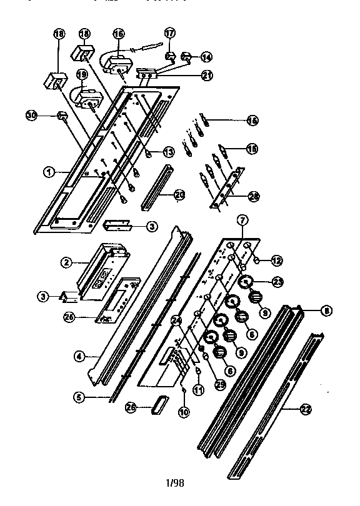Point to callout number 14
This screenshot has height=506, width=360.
206,57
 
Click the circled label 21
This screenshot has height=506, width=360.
206,75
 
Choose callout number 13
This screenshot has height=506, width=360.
168,151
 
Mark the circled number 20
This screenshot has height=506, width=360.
180,196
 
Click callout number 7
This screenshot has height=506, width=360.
243,219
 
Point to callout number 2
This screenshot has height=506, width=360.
64,263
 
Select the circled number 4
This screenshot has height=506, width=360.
79,356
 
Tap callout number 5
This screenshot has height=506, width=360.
79,395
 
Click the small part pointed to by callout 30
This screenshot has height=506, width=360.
62,116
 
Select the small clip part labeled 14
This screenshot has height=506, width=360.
186,57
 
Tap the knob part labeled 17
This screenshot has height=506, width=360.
169,57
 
